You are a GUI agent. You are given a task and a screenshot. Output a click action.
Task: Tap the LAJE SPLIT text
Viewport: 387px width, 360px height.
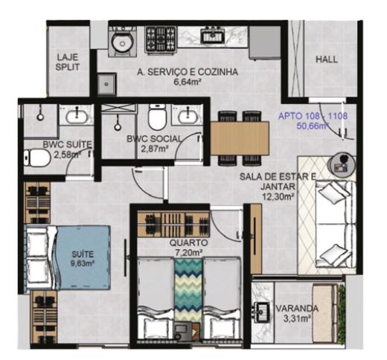coord(68,61)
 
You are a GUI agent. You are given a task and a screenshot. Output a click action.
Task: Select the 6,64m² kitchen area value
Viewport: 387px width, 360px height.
coord(188,83)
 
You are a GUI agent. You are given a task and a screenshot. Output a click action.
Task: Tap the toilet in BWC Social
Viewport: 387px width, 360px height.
coord(156,118)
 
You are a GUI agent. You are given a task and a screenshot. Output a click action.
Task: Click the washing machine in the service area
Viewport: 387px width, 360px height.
coord(119,44)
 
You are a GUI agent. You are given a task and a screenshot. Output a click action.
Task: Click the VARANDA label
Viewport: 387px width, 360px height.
coord(297,309)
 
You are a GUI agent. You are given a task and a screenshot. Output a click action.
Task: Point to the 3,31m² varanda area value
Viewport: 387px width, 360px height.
coord(297,321)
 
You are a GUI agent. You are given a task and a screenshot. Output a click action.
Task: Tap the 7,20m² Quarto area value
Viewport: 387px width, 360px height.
coord(188,252)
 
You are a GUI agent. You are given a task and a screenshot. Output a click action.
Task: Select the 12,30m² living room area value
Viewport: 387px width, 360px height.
coord(278,198)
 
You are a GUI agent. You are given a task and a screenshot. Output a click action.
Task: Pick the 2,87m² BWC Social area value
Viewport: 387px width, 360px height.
coord(155,149)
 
